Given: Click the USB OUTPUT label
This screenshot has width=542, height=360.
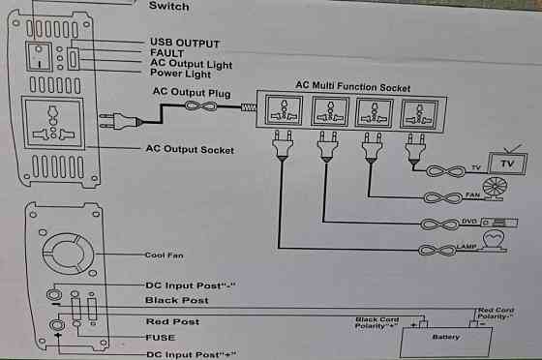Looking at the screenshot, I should [184, 44].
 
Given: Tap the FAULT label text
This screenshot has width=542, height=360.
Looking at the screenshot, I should [167, 54].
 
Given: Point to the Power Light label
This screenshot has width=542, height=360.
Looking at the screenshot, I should [180, 74].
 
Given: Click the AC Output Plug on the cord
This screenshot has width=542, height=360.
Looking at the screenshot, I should [127, 121].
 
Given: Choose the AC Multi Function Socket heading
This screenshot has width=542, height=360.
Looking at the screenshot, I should [352, 86].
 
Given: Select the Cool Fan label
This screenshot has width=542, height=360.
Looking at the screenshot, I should [164, 255].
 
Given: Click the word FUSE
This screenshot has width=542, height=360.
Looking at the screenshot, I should [159, 339].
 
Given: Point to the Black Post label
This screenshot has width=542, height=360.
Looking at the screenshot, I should [176, 301].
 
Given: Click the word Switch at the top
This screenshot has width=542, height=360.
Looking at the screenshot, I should [168, 6].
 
